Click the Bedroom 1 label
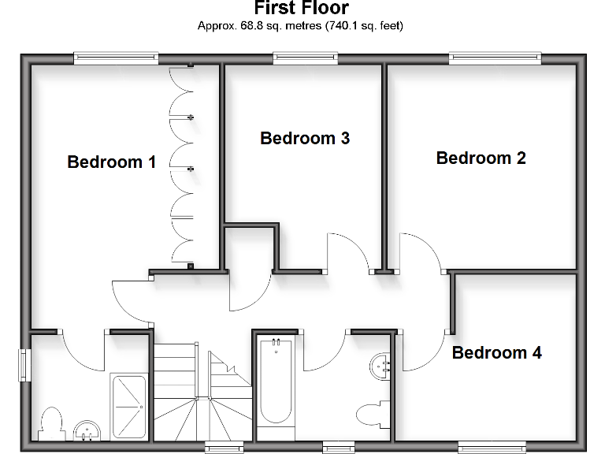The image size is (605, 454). point(111,162)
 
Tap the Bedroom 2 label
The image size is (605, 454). point(481,158)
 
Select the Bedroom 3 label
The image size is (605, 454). point(305,139)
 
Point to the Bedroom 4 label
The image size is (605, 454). point(496,352)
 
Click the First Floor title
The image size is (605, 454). point(301,9)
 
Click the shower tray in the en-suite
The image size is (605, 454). point(128,405)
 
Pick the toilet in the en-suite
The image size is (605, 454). point(51,422)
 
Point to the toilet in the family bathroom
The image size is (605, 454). point(371,413)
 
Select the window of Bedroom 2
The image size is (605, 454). point(496,58)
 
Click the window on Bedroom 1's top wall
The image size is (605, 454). point(116,58)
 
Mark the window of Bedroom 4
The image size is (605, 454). point(492,447)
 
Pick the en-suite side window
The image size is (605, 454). point(24,365)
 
